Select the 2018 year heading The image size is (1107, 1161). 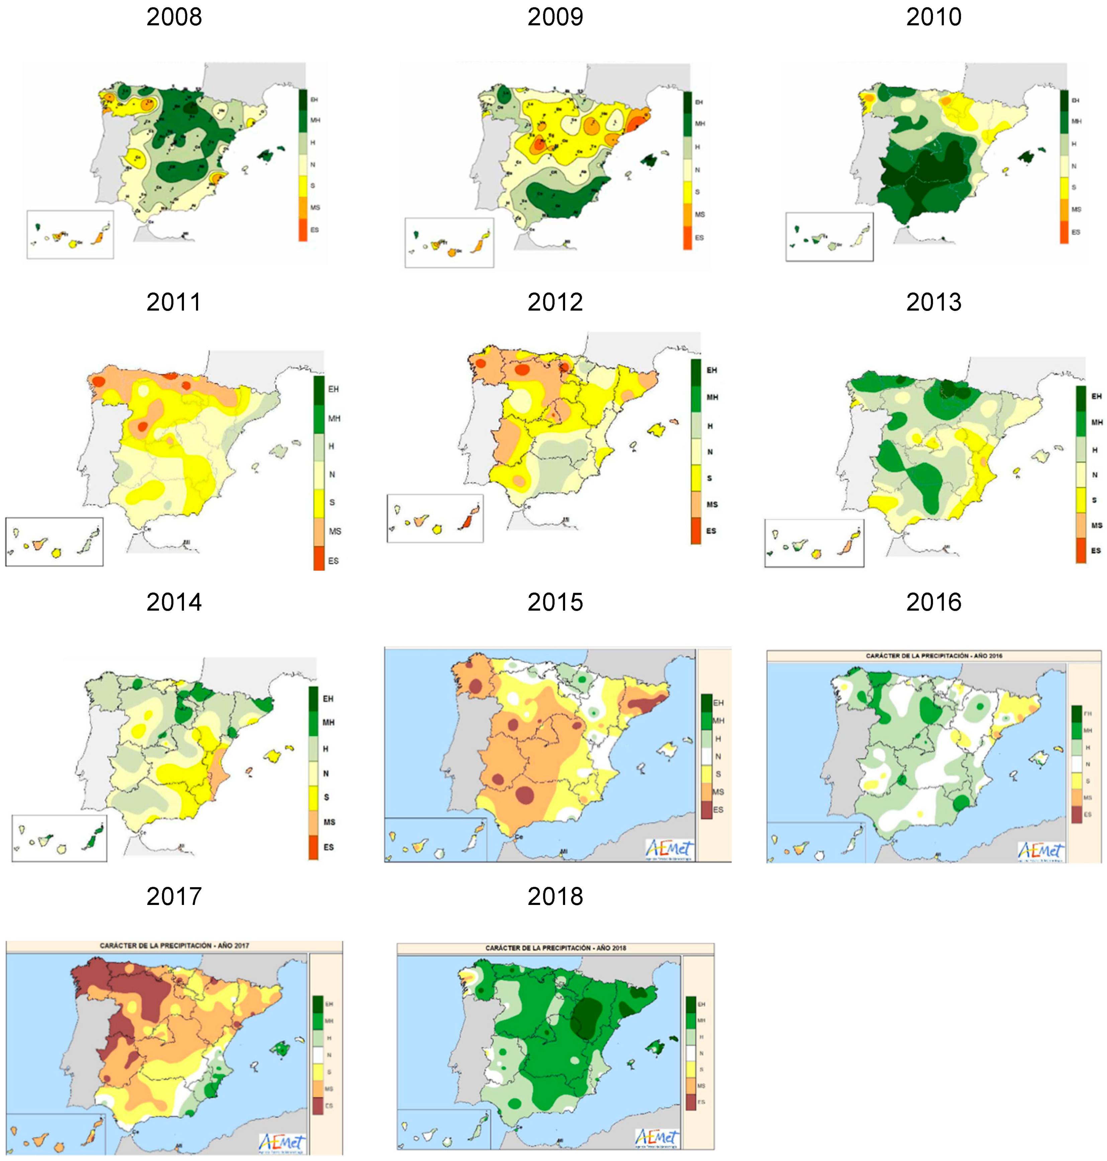coord(555,896)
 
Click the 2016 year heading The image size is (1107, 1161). coord(933,602)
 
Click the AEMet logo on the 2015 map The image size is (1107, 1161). coord(669,848)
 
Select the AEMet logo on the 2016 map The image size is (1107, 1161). coord(1040,850)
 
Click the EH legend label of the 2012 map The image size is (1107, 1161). coord(712,370)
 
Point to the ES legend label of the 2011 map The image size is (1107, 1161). coord(334,561)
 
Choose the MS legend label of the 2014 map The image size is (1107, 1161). coord(329,822)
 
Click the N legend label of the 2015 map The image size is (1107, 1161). coord(718,756)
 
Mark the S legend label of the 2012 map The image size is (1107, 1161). coord(709,478)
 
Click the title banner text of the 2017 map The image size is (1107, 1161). coord(174,945)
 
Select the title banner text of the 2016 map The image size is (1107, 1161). coord(933,656)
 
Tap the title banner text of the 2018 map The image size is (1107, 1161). coord(555,948)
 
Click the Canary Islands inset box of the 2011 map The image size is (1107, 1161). coord(54,542)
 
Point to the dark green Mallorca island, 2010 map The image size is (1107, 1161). coord(1028,156)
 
